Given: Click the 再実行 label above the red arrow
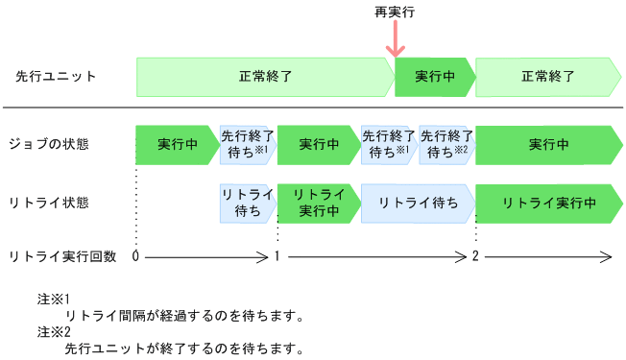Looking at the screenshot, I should pyautogui.click(x=394, y=12).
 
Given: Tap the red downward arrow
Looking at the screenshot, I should pyautogui.click(x=394, y=43).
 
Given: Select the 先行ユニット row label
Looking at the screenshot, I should pyautogui.click(x=56, y=76).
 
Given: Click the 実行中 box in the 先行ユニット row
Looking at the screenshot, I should pyautogui.click(x=434, y=77).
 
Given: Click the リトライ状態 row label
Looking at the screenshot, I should pyautogui.click(x=48, y=203).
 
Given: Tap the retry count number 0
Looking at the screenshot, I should pyautogui.click(x=136, y=256).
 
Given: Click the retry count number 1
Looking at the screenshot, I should pyautogui.click(x=277, y=256).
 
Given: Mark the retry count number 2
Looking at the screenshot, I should pyautogui.click(x=475, y=256).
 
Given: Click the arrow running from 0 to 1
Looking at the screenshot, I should pyautogui.click(x=206, y=256).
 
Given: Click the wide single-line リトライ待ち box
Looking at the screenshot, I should pyautogui.click(x=417, y=203).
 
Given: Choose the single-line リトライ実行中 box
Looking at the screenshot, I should pyautogui.click(x=548, y=203).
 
